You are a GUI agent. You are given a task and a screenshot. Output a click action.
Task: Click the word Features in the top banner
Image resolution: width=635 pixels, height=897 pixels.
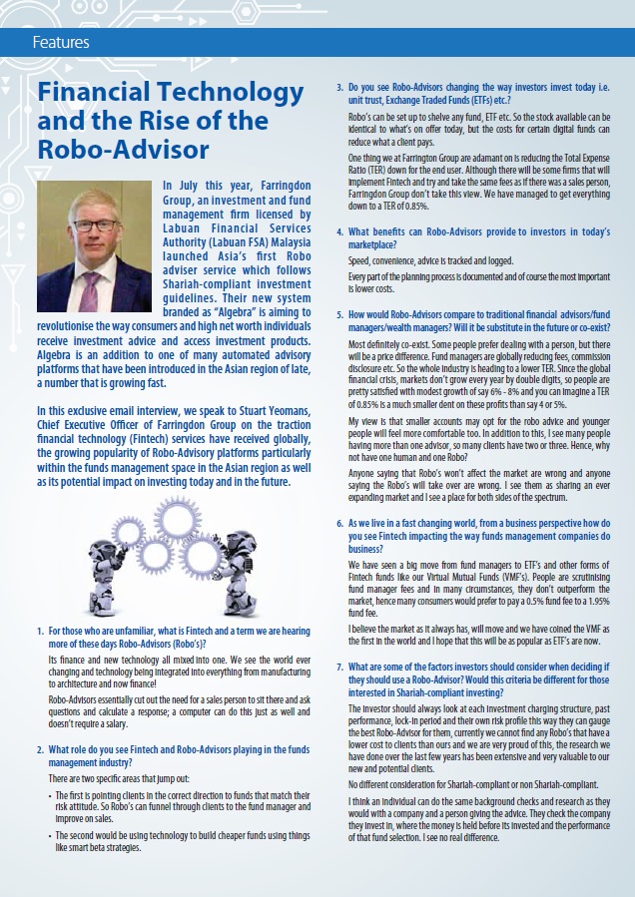pyautogui.click(x=61, y=42)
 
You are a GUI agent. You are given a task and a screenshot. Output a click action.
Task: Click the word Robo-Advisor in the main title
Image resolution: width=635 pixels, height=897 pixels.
pyautogui.click(x=122, y=150)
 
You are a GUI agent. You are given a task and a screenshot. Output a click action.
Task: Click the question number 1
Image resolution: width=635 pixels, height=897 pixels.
pyautogui.click(x=39, y=632)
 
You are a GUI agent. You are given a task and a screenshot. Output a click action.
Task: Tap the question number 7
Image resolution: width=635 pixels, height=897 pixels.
pyautogui.click(x=339, y=666)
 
